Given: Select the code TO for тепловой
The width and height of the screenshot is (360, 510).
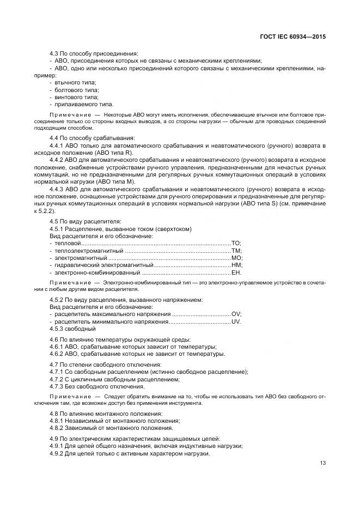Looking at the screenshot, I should point(236,244).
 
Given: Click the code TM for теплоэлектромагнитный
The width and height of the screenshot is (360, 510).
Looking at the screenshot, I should point(236,251).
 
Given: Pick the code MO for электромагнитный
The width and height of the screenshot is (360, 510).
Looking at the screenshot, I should point(236,258).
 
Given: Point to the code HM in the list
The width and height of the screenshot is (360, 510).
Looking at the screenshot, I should point(236,265).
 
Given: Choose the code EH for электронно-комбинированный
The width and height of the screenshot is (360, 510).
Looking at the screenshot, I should point(236,272).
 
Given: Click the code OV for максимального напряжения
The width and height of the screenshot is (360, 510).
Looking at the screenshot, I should point(236,314).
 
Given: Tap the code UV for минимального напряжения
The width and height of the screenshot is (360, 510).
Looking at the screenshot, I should point(236,321).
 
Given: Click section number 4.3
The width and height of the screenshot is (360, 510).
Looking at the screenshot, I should point(54,53).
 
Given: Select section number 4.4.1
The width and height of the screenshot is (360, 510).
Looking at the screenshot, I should point(57,146).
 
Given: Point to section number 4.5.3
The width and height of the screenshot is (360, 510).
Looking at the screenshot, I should point(57,329).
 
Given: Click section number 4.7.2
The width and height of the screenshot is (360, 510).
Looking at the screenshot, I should point(57,379).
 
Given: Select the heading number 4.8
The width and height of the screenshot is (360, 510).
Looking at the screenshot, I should point(54,414).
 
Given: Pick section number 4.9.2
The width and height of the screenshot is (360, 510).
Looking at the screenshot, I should point(57,453).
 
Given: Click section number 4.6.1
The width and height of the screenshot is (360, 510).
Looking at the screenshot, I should point(57,347).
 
